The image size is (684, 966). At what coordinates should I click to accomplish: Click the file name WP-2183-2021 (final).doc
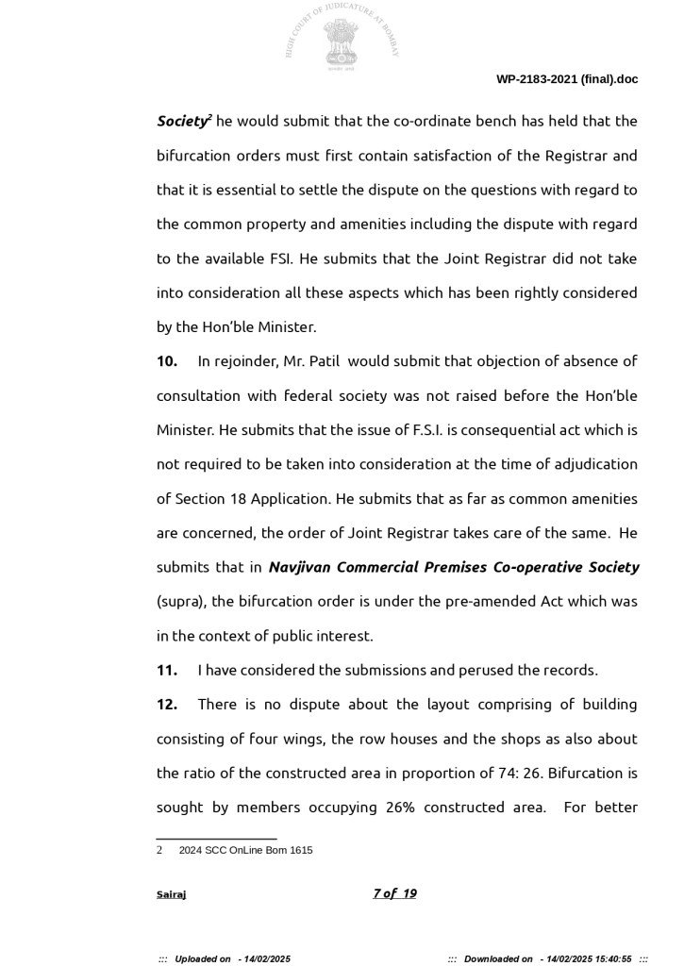tap(566, 79)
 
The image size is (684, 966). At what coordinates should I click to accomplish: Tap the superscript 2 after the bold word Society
tap(209, 117)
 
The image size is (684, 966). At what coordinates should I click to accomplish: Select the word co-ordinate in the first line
tap(432, 122)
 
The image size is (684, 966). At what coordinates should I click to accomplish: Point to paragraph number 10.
tap(167, 361)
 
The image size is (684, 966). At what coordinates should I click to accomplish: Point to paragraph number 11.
tap(167, 671)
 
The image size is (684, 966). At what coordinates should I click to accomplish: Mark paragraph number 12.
tap(167, 705)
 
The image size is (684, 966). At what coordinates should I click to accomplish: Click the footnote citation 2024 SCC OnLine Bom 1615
tap(245, 850)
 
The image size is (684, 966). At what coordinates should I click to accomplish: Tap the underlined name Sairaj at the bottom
tap(171, 894)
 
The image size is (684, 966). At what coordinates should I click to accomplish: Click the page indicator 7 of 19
tap(394, 894)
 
